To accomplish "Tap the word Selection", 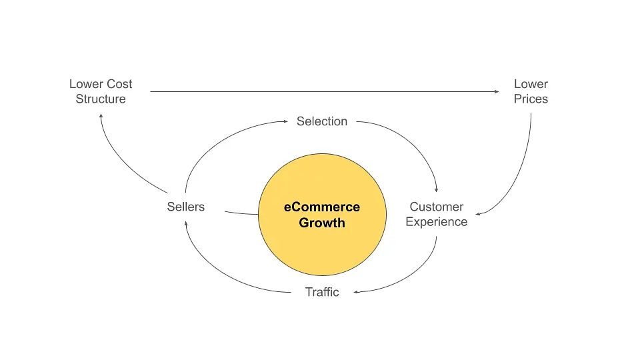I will tap(322, 121).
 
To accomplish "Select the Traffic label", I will tap(322, 292).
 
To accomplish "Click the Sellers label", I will tap(186, 207).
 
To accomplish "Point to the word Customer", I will tap(437, 207).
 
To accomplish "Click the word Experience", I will tap(437, 222).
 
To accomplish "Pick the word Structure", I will tap(101, 99).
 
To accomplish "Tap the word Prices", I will tap(531, 99).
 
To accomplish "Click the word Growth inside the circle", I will tap(322, 223).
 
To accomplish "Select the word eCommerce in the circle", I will tap(322, 207).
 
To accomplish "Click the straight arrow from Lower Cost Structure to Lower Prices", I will tap(320, 91).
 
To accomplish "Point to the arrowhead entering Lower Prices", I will tap(497, 91).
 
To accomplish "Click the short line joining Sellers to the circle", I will tap(241, 213).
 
